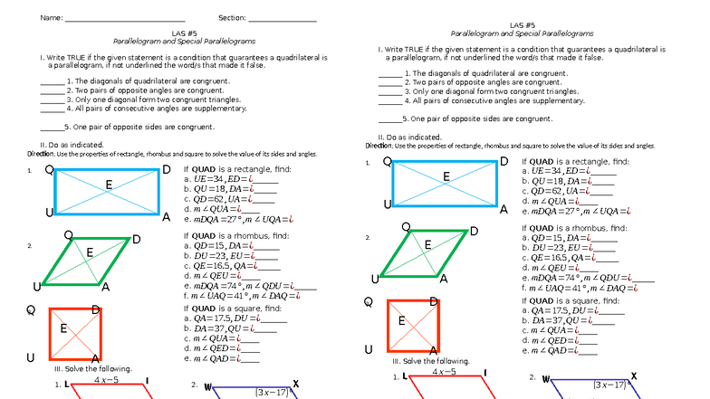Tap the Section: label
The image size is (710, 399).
[234, 18]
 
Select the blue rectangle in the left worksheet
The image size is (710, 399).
[107, 193]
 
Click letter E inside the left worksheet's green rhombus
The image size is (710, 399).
[89, 252]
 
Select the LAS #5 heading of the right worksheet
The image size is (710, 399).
[523, 25]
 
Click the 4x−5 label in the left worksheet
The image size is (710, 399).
[108, 380]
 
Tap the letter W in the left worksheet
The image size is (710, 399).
[208, 387]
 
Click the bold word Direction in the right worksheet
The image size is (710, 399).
[379, 146]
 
